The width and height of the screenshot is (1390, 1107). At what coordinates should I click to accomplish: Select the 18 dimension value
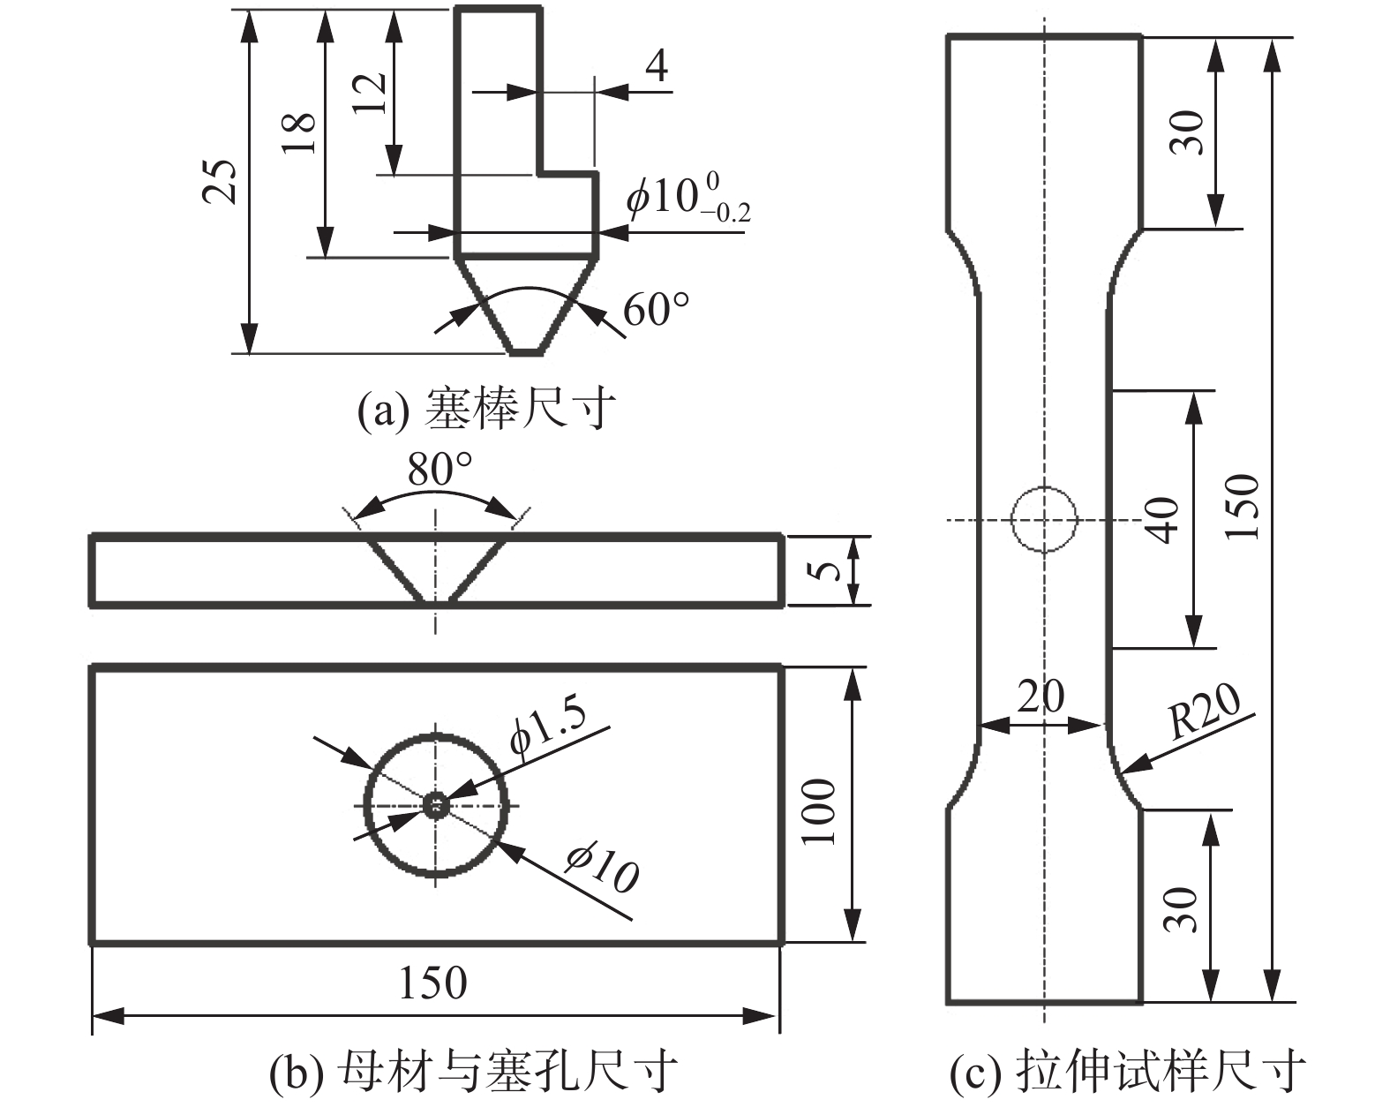point(300,133)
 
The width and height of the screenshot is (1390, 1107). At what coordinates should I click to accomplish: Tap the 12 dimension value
point(372,91)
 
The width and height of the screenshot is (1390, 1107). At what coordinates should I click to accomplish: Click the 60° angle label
point(656,310)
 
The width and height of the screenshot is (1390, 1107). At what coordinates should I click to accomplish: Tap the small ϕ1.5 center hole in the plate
point(436,804)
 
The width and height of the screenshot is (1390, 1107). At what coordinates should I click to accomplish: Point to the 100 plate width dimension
point(820,811)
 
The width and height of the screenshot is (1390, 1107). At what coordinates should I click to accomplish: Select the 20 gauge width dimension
point(1041,697)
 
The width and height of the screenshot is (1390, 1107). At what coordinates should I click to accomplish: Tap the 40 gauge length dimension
point(1163,520)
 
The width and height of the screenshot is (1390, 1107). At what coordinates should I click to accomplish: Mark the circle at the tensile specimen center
point(1044,519)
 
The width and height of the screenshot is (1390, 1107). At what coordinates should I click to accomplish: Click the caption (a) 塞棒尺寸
point(485,410)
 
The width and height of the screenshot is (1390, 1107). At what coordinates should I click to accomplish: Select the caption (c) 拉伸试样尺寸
point(1127,1072)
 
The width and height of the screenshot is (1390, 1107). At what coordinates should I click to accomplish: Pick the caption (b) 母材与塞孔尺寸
point(473,1072)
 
